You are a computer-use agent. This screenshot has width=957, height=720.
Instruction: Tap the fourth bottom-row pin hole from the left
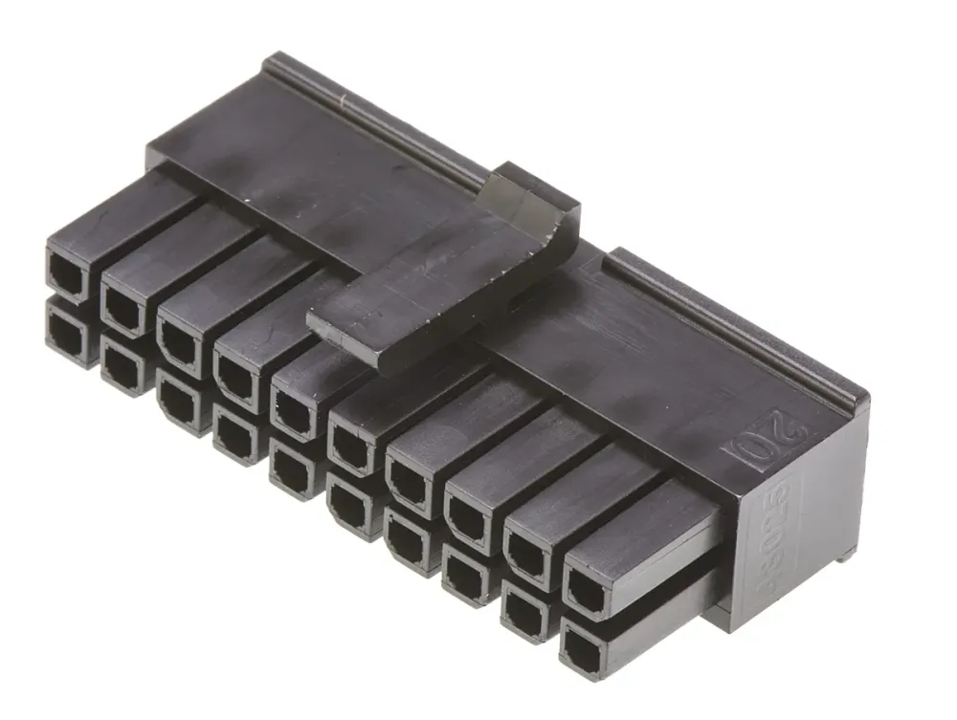(234, 435)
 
